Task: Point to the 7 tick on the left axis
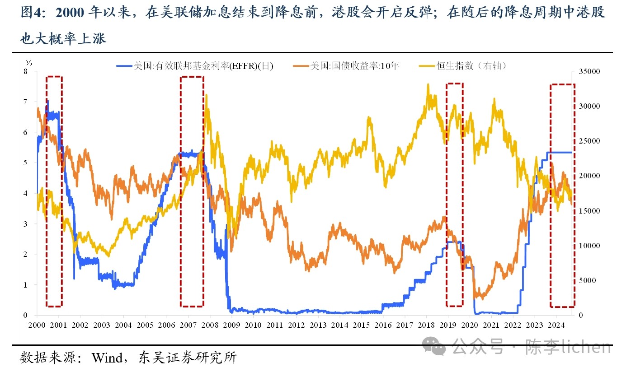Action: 25,102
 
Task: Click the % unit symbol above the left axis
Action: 28,63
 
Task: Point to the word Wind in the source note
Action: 107,358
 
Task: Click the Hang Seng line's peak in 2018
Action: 428,85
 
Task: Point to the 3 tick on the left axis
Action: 25,224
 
